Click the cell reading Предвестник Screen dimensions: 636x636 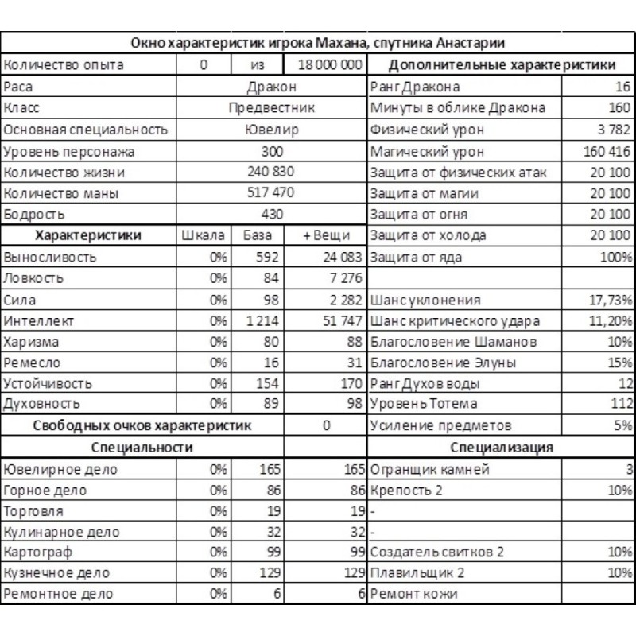[x=272, y=108]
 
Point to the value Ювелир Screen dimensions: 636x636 [x=272, y=130]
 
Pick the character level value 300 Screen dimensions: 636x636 [x=272, y=151]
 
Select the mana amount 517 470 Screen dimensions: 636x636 [x=272, y=193]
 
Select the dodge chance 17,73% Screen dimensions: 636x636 [x=610, y=301]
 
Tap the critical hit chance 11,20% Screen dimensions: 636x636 [x=610, y=322]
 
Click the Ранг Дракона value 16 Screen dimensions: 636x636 [x=622, y=87]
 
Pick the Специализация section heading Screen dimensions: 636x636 [x=501, y=448]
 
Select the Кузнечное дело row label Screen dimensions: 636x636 [x=56, y=573]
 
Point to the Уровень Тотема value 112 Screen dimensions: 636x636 [x=619, y=405]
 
